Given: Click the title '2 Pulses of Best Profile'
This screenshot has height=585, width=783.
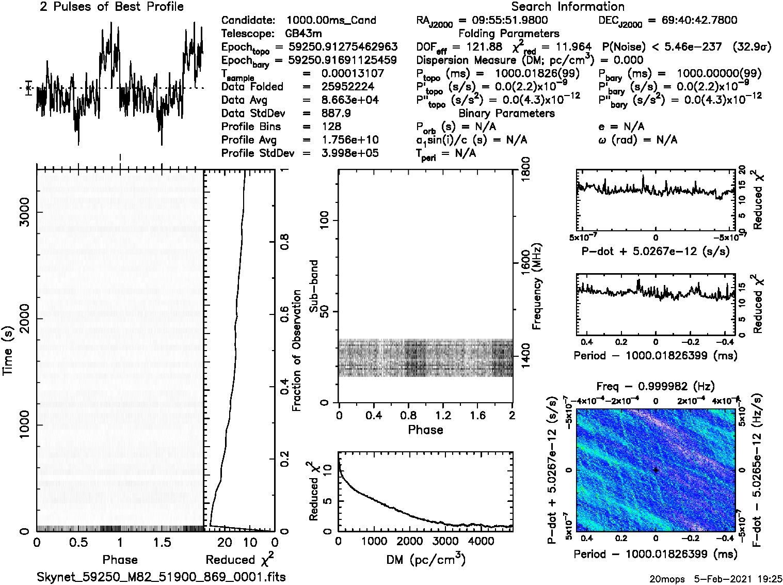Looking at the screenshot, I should [x=111, y=7].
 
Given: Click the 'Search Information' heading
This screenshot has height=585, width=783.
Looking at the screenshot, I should [x=567, y=7].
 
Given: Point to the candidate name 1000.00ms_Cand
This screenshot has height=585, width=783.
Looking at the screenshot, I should [x=331, y=20].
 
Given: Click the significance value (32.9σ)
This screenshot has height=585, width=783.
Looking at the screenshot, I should [x=752, y=47].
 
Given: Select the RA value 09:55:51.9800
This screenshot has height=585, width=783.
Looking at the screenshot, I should [x=503, y=20].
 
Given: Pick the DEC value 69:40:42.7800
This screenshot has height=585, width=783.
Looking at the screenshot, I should [x=692, y=20].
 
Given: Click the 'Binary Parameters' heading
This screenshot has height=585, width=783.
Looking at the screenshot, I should [x=506, y=113].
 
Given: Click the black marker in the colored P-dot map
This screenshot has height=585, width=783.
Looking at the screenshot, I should [x=656, y=470].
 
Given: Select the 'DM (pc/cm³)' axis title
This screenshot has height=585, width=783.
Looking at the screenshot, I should [x=425, y=559].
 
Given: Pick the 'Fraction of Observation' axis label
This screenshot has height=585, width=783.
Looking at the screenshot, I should [x=297, y=350].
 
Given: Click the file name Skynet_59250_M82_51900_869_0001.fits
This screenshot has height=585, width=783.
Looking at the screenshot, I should [x=161, y=577].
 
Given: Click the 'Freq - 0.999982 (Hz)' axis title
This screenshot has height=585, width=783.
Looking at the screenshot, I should [x=656, y=387].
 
